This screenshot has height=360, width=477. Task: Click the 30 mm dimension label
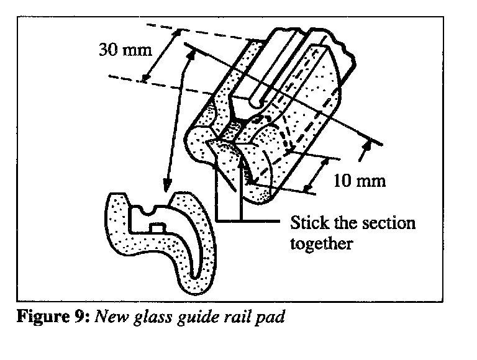pos(125,50)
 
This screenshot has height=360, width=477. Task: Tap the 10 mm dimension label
pos(360,181)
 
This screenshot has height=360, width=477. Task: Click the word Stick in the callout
pos(308,223)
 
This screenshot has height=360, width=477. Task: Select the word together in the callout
pos(322,243)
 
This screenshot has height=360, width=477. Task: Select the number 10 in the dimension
pos(345,181)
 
